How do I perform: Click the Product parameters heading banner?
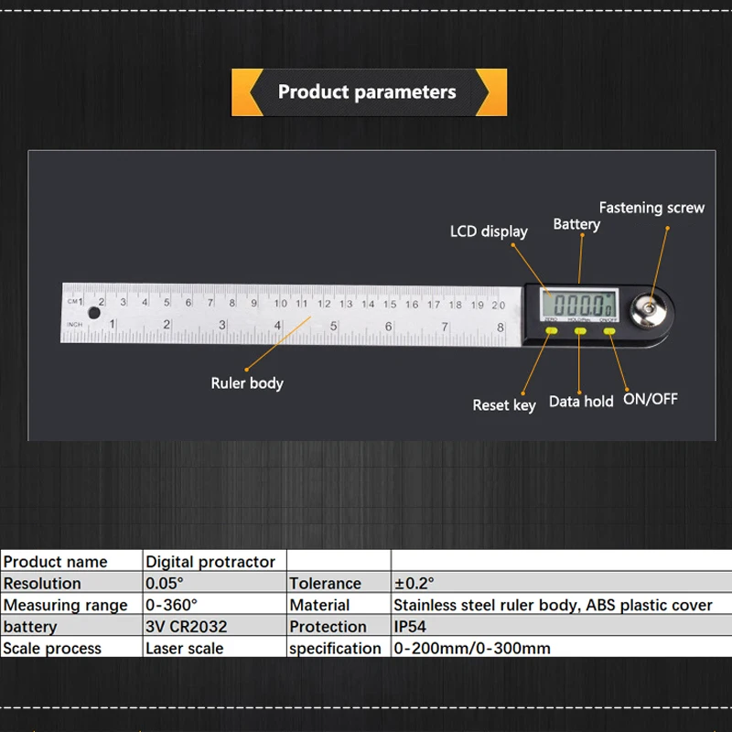click(x=368, y=91)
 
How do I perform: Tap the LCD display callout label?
click(x=489, y=231)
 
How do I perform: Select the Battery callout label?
click(x=576, y=224)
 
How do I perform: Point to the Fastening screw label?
click(x=651, y=208)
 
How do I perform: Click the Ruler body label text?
click(x=247, y=383)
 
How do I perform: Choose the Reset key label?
click(x=504, y=404)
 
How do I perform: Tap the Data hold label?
click(x=581, y=401)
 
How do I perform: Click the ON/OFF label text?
click(x=650, y=399)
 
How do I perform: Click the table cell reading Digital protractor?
click(x=210, y=562)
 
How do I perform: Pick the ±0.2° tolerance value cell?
click(x=414, y=583)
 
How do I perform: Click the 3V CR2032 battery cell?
click(x=187, y=627)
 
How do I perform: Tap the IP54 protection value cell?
click(x=410, y=627)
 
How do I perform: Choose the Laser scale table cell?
click(x=184, y=648)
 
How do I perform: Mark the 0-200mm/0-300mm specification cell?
click(x=472, y=648)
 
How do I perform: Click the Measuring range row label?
click(x=66, y=605)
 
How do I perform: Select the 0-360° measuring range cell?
click(x=172, y=605)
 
